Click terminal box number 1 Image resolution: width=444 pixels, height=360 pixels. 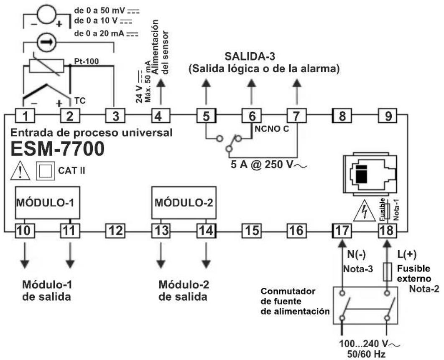(25, 116)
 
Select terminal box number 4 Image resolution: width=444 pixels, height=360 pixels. (158, 116)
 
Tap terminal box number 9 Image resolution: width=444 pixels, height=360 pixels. (388, 116)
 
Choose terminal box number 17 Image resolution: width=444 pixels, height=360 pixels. (342, 230)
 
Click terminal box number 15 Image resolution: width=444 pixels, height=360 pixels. (251, 230)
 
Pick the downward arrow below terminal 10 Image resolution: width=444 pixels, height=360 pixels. (25, 256)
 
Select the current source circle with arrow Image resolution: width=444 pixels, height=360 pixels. (44, 43)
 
